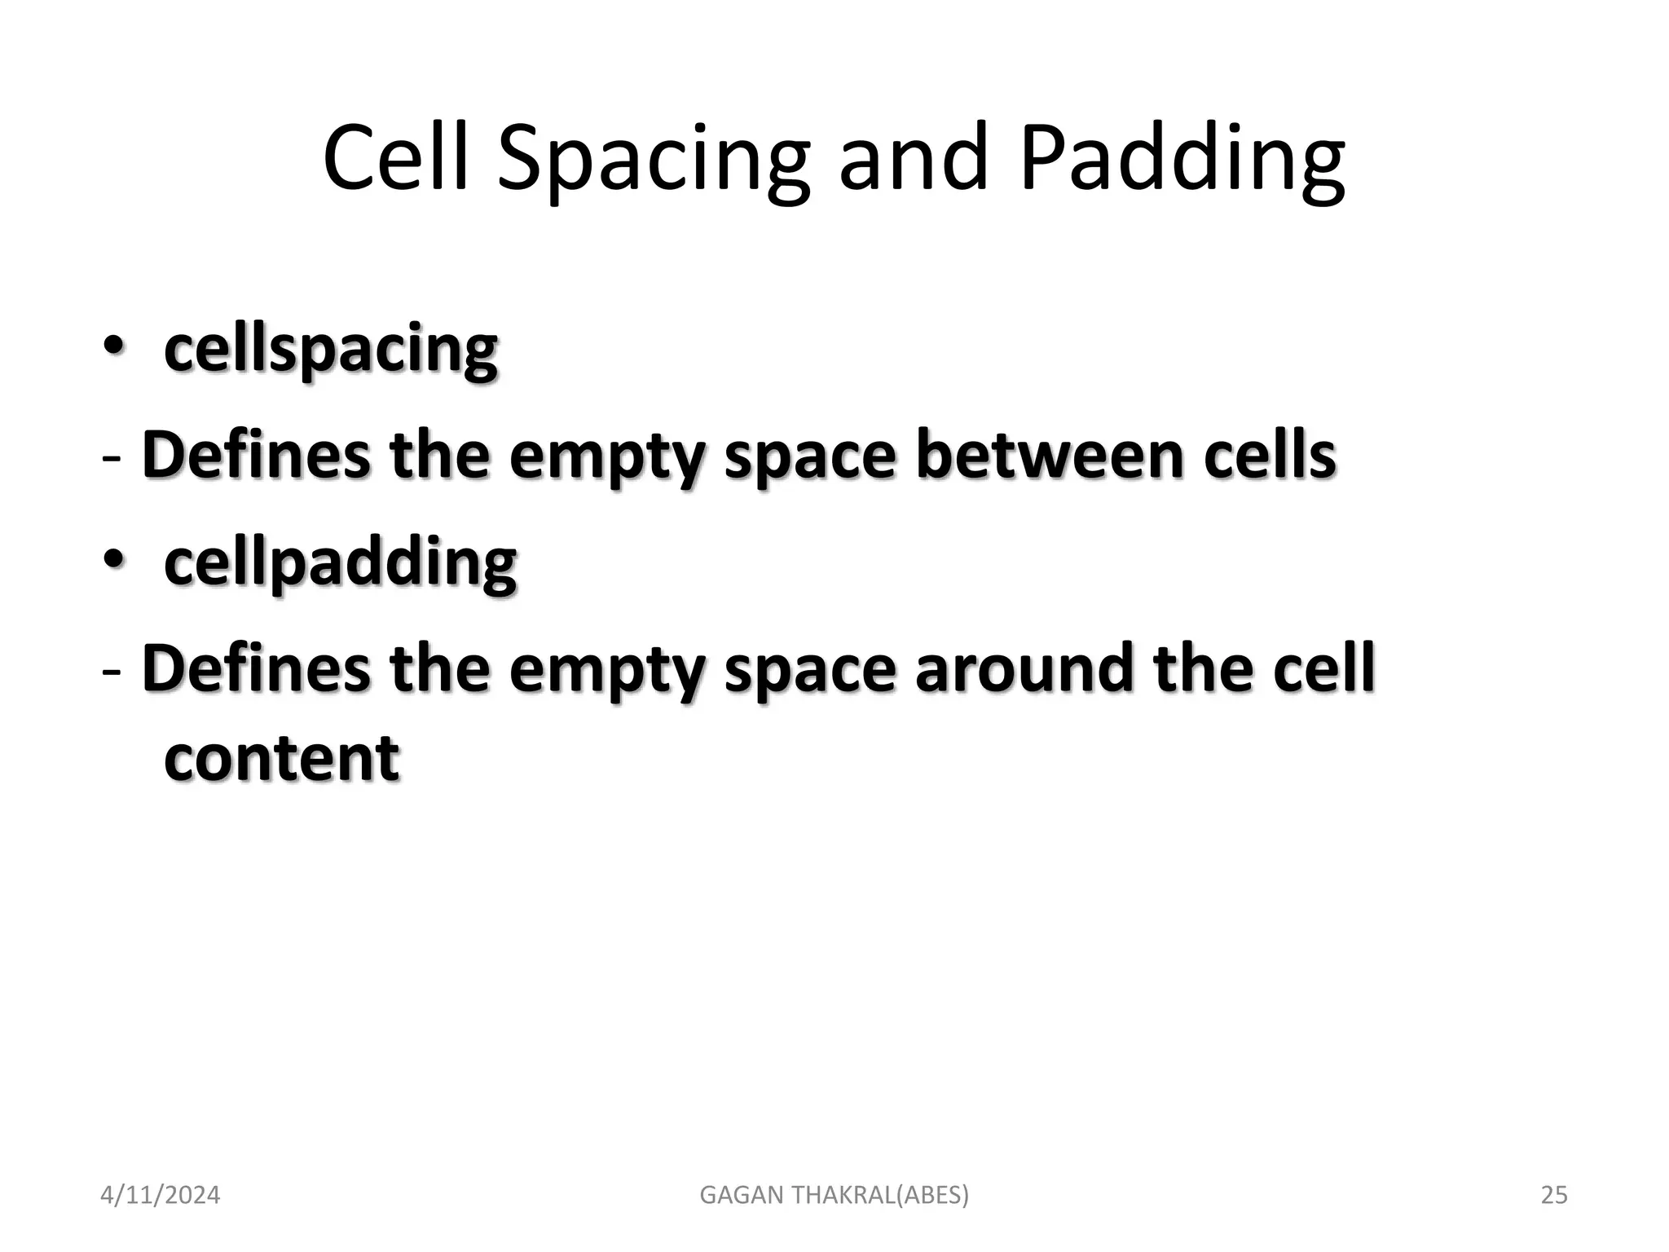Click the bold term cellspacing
(x=331, y=350)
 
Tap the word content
(x=281, y=758)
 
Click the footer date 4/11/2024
(x=160, y=1195)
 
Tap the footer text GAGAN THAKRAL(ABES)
(x=834, y=1195)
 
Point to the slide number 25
(x=1554, y=1195)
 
